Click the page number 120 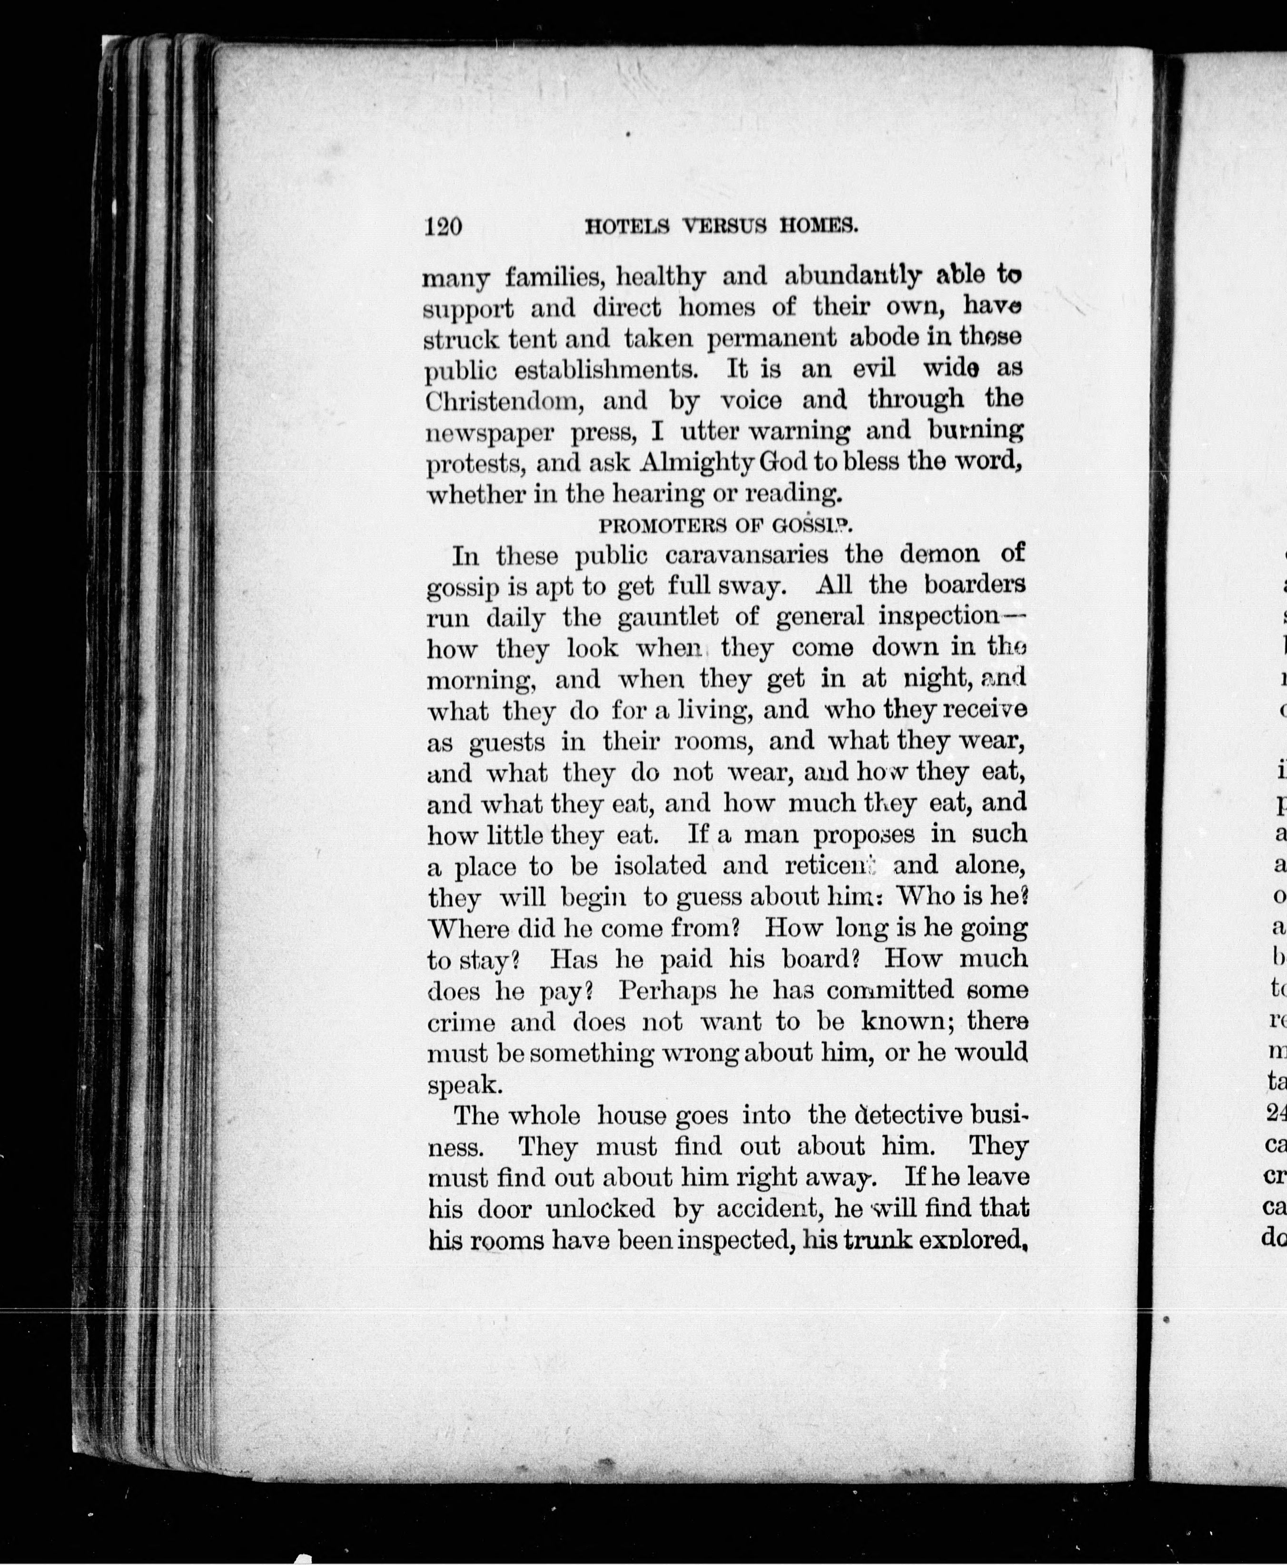(443, 225)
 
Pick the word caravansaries (767, 555)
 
